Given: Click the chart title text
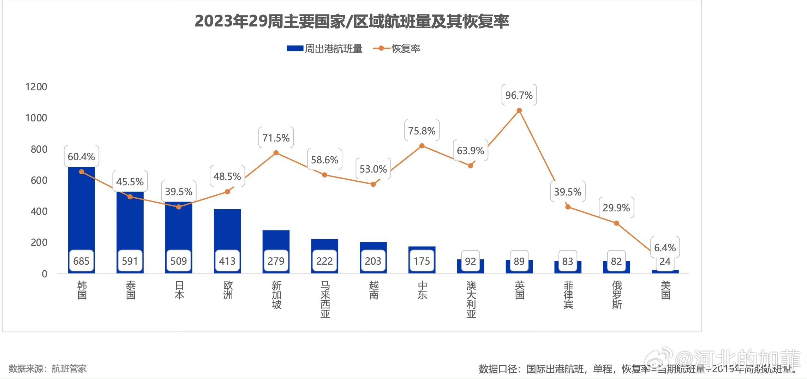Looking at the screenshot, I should click(x=352, y=22).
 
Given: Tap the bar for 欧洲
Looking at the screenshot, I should click(x=227, y=233).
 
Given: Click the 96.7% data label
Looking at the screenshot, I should click(x=519, y=95).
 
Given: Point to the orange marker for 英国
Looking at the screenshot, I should click(x=519, y=111).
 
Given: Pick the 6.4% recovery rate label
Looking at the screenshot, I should click(x=665, y=247).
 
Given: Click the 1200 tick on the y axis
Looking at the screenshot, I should click(x=36, y=87).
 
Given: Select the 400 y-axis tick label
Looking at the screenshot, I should click(x=39, y=211).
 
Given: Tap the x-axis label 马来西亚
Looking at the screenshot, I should click(x=325, y=299).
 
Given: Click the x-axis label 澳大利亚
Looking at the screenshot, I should click(x=471, y=299).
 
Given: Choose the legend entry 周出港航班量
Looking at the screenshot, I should click(x=325, y=49).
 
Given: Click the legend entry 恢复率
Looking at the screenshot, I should click(x=397, y=49).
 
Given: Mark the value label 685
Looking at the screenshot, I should click(x=82, y=261).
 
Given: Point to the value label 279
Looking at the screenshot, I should click(x=276, y=261).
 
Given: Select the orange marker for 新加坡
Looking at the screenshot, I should click(x=276, y=153).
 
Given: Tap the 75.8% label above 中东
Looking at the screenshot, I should click(x=422, y=131).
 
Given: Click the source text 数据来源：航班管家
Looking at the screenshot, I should click(x=48, y=369).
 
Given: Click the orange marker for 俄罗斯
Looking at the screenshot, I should click(x=616, y=223).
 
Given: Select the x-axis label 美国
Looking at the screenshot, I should click(x=665, y=290).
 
